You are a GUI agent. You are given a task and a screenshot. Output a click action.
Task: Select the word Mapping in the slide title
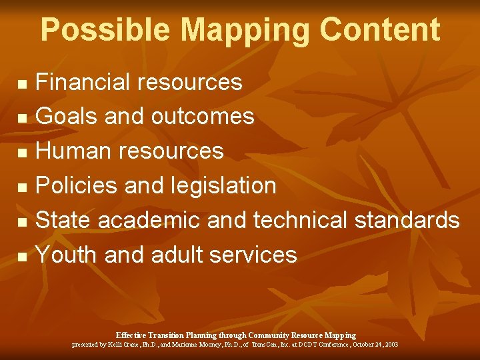pos(244,31)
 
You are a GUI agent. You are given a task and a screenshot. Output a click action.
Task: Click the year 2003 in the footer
pos(391,345)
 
